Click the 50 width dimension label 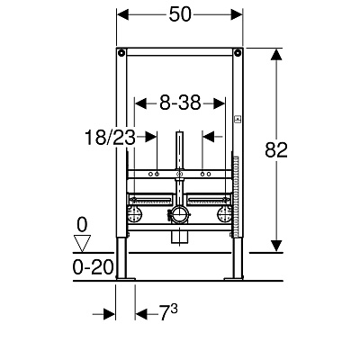tap(180, 14)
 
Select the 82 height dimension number tap(276, 150)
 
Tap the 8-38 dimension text tap(180, 103)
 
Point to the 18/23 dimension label tap(110, 138)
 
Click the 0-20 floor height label tap(93, 266)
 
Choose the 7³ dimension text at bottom tap(168, 312)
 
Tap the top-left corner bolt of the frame tap(121, 53)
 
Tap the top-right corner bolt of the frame tap(238, 53)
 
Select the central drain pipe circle tap(179, 215)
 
